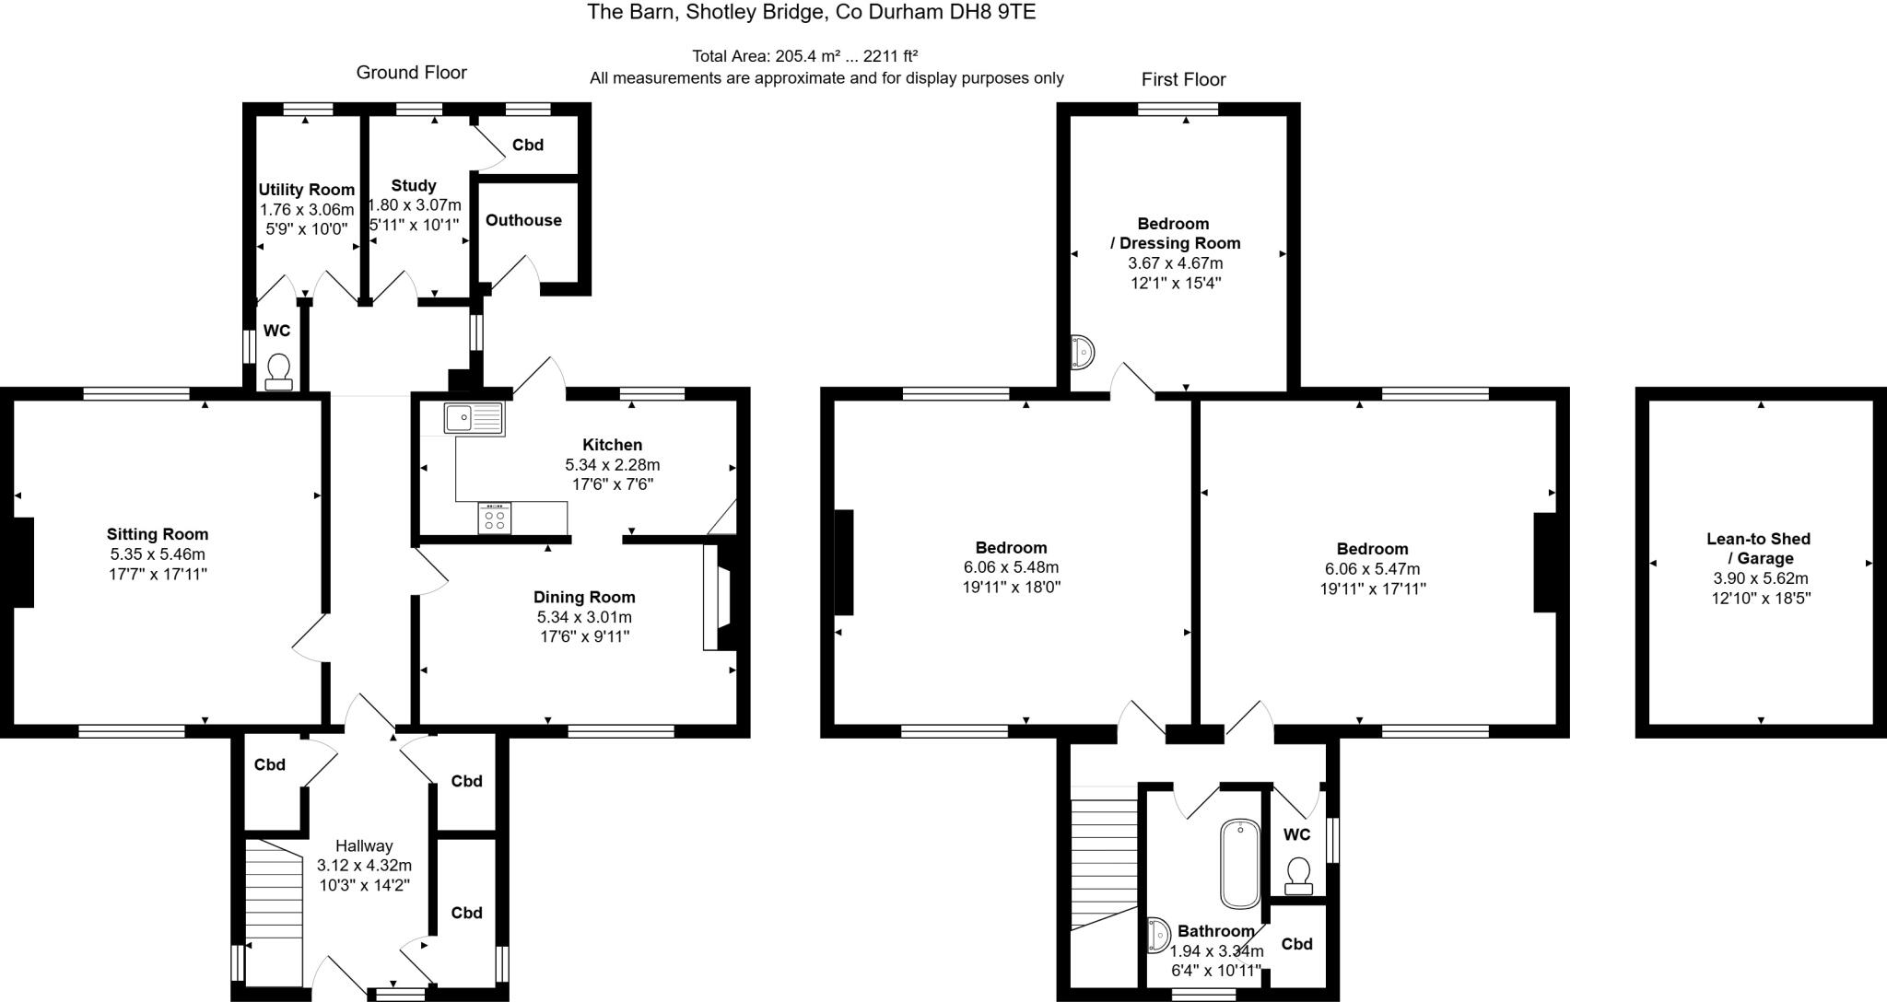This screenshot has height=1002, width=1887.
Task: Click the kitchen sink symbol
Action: pyautogui.click(x=474, y=418)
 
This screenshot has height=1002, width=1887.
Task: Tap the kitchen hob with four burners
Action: pyautogui.click(x=495, y=518)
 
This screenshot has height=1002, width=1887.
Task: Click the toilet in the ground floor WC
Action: pyautogui.click(x=277, y=371)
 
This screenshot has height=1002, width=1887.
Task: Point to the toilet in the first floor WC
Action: pyautogui.click(x=1298, y=875)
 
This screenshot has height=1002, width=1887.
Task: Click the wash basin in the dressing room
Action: pyautogui.click(x=1082, y=352)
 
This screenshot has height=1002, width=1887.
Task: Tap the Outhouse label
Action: pyautogui.click(x=523, y=220)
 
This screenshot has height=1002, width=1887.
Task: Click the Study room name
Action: pyautogui.click(x=414, y=185)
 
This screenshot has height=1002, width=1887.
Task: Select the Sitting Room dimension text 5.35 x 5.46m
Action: pyautogui.click(x=158, y=553)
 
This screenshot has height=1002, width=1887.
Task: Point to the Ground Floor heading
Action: pyautogui.click(x=411, y=72)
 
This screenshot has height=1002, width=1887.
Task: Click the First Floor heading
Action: pyautogui.click(x=1183, y=79)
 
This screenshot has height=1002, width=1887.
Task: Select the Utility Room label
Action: pyautogui.click(x=306, y=190)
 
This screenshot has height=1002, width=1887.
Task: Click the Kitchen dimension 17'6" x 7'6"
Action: pyautogui.click(x=612, y=484)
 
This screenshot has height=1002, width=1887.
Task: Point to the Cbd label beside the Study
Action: pyautogui.click(x=528, y=145)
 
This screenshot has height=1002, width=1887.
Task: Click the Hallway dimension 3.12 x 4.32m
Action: pyautogui.click(x=364, y=865)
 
